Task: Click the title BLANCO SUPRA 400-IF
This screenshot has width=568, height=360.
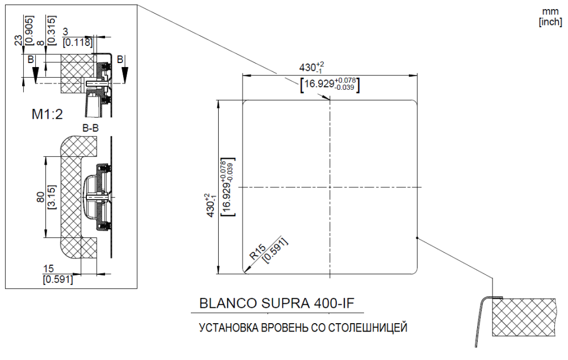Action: [277, 303]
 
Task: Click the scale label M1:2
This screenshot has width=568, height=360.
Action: [47, 115]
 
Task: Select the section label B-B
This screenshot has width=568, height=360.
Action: [90, 128]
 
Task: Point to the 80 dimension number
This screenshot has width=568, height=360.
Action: [40, 197]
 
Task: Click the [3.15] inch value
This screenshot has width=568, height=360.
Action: [52, 197]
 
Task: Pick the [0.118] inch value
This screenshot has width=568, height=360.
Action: [77, 43]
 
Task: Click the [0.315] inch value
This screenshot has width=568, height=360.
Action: [52, 30]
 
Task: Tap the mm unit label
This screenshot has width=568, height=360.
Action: [550, 11]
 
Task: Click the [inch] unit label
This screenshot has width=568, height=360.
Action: [550, 22]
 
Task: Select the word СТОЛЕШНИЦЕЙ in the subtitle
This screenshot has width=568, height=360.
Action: [367, 328]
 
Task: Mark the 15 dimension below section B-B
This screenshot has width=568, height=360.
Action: [48, 269]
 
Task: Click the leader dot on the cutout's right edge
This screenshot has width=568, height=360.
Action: [417, 238]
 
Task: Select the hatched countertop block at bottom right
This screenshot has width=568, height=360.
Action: [524, 317]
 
